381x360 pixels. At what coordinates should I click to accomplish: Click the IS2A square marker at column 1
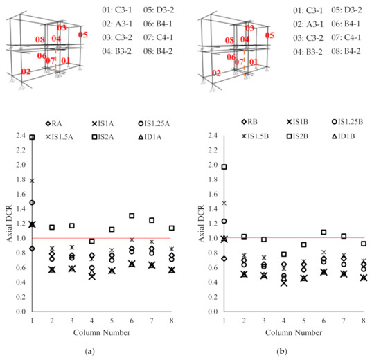[x=32, y=137]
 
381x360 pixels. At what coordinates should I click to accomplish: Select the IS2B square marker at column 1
[x=224, y=167]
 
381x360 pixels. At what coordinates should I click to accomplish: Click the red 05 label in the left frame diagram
[x=83, y=34]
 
